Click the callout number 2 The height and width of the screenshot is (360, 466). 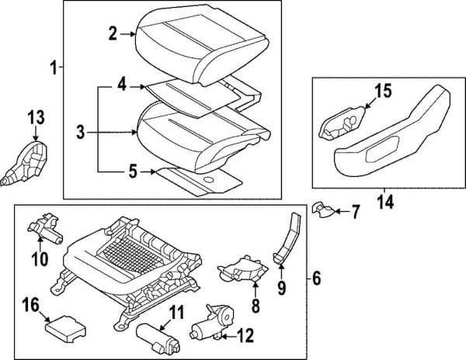coord(113,34)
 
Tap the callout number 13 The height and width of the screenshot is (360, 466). coord(37,117)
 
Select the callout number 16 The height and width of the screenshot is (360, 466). coord(31,305)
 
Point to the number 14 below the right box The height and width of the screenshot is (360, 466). coord(386,202)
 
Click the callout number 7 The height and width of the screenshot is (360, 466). coord(355,212)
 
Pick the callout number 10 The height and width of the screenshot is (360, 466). coord(40,259)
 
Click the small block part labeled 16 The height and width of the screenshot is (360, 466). coord(65,329)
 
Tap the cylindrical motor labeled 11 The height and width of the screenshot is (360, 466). coord(158,338)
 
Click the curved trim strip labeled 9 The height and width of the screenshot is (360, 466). coord(288,237)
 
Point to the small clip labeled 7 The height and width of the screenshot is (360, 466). coord(323,209)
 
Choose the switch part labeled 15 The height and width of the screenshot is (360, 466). coord(342,123)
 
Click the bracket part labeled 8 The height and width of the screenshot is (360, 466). coord(242,269)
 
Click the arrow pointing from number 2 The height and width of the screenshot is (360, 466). coord(128,34)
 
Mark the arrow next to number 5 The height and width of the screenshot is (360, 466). coord(148,171)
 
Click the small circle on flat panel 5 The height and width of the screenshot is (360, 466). coord(209,180)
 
